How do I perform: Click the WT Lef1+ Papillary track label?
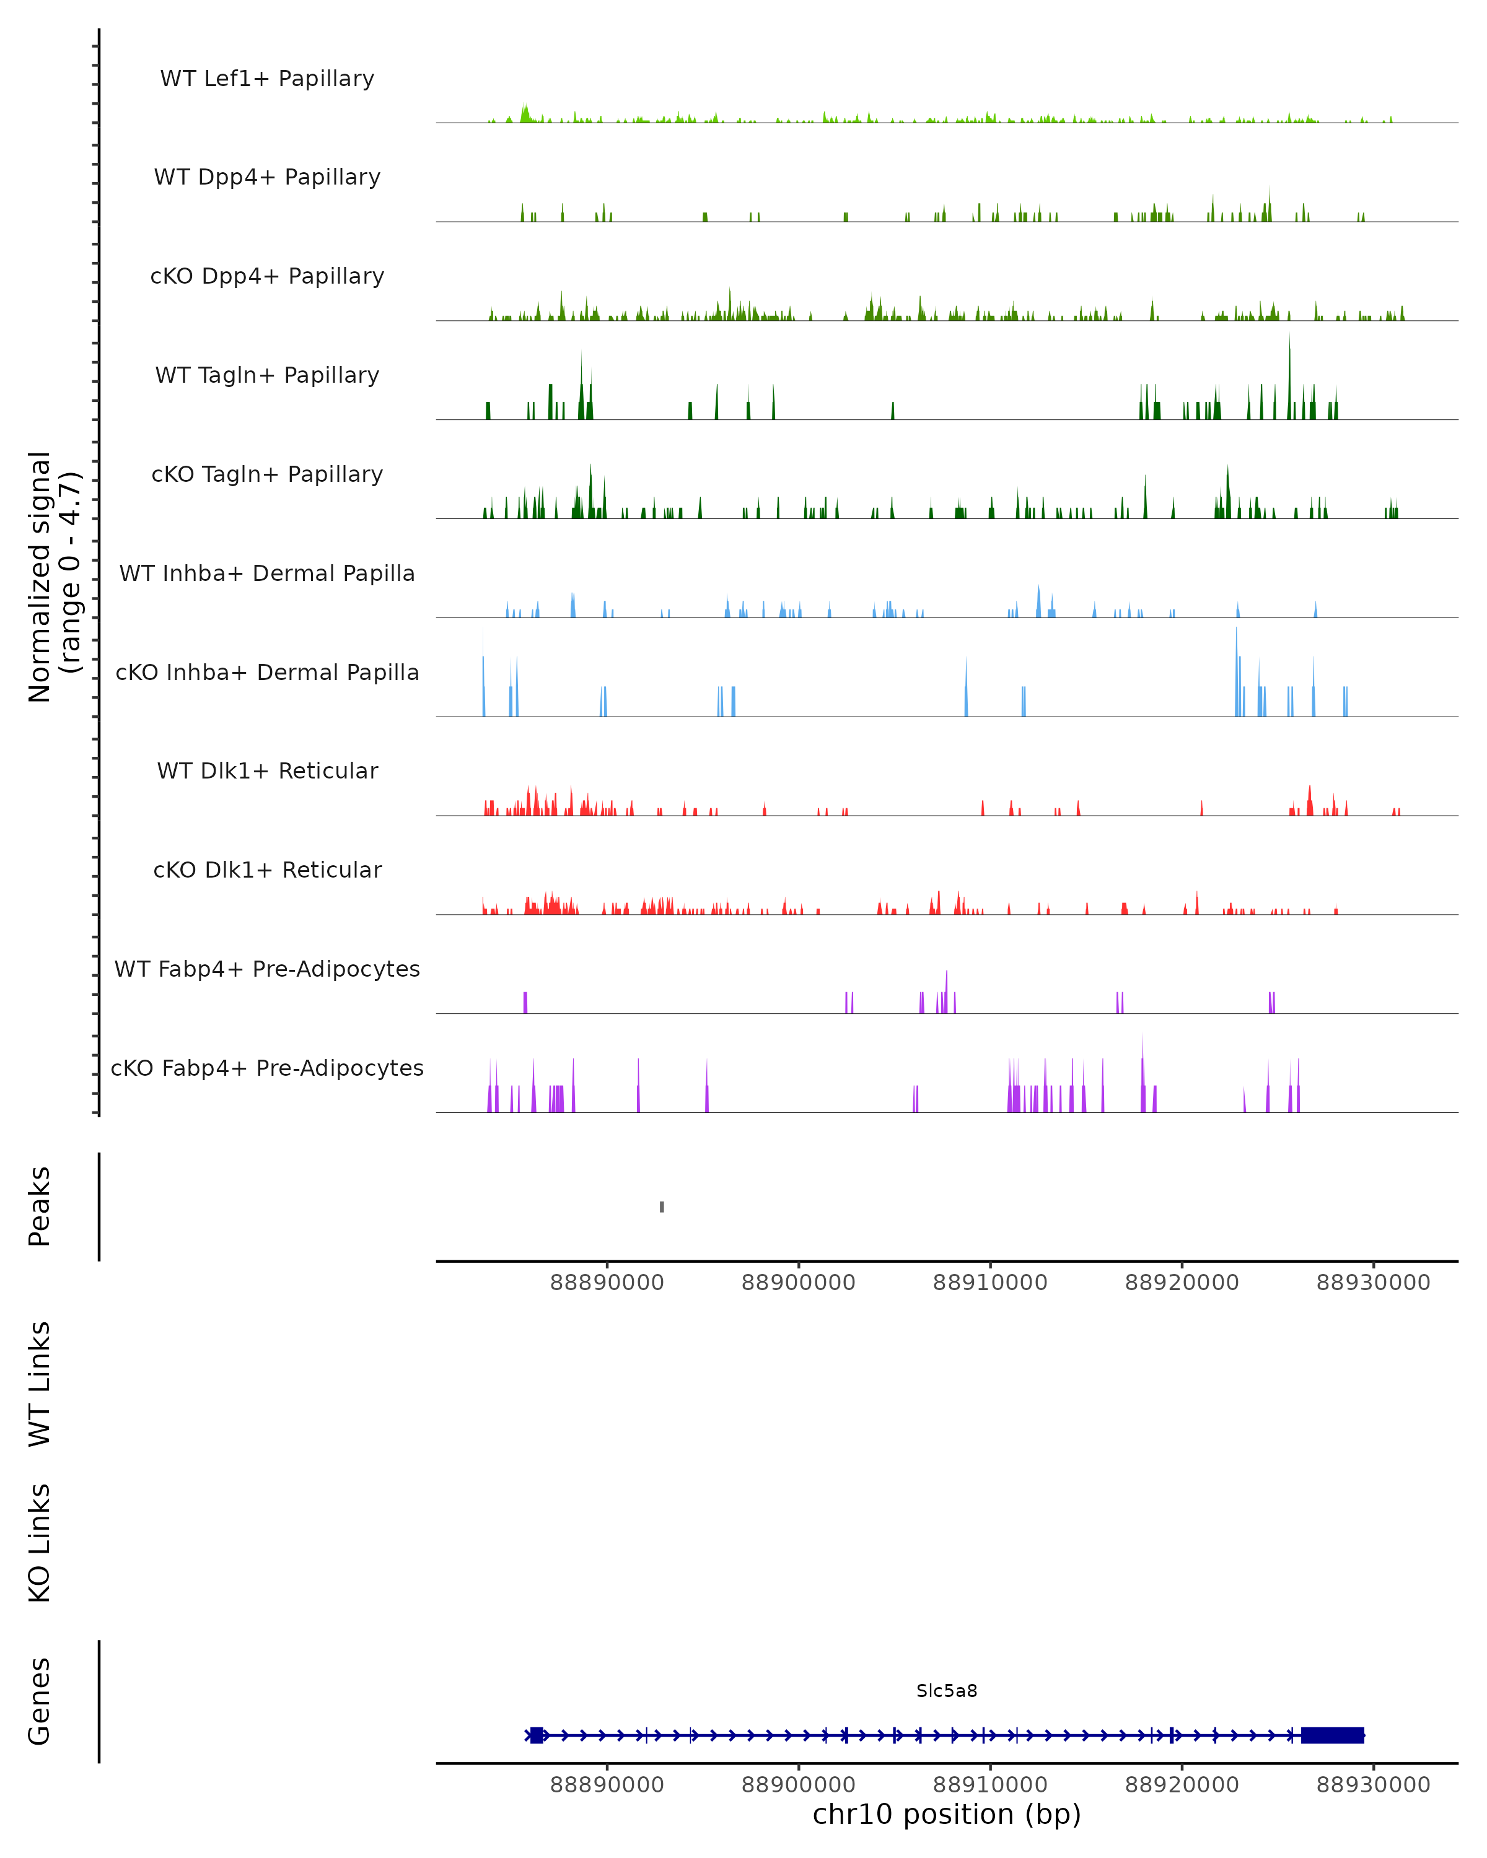(x=267, y=79)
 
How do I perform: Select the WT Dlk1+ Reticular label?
(x=267, y=770)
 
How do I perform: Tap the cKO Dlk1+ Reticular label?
(x=267, y=870)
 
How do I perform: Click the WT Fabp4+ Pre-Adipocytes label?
(x=267, y=969)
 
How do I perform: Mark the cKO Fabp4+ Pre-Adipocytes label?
(x=267, y=1068)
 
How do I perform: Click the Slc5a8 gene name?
(x=947, y=1691)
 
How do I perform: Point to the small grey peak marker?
(x=662, y=1206)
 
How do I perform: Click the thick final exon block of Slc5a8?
(x=1332, y=1735)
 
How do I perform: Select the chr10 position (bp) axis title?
(x=947, y=1814)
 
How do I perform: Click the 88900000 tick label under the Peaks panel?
(x=798, y=1283)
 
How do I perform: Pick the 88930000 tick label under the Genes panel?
(x=1373, y=1785)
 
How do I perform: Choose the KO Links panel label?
(x=40, y=1543)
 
